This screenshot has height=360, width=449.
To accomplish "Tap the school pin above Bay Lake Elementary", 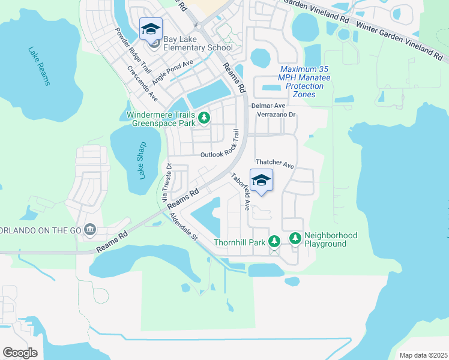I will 151,28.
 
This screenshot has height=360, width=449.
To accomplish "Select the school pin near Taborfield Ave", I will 261,180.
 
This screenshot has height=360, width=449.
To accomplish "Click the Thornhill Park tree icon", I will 274,241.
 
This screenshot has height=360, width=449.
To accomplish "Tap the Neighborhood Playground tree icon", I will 295,239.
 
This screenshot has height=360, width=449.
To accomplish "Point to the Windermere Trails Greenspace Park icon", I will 205,117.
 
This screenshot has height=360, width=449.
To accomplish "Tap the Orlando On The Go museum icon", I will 89,229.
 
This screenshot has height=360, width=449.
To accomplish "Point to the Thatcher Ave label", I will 274,163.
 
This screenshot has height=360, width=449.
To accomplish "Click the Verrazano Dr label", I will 276,114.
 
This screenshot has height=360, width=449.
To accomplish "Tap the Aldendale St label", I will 183,227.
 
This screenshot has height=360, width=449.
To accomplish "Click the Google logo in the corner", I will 20,352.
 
